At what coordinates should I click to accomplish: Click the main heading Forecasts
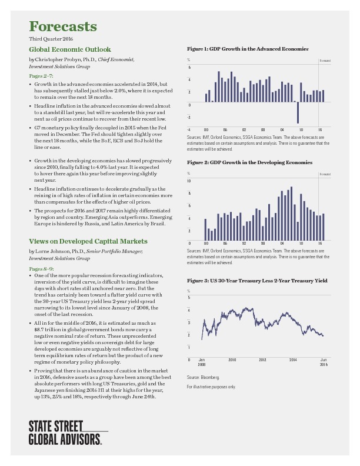click(x=63, y=27)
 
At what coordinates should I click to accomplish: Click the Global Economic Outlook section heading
click(x=69, y=49)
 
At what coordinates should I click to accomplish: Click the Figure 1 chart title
click(x=247, y=48)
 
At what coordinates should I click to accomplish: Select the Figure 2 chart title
click(x=249, y=162)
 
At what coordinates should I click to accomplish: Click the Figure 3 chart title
click(x=257, y=281)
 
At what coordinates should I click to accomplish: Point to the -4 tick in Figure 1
click(x=189, y=129)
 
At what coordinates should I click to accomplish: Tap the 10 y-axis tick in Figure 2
click(x=189, y=181)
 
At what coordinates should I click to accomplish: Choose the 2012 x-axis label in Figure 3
click(x=262, y=359)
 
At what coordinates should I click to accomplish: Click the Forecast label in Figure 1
click(x=325, y=61)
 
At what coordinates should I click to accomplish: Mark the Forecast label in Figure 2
click(x=325, y=174)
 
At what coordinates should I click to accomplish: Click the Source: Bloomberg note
click(x=203, y=377)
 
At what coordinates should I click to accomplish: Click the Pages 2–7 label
click(x=41, y=76)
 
